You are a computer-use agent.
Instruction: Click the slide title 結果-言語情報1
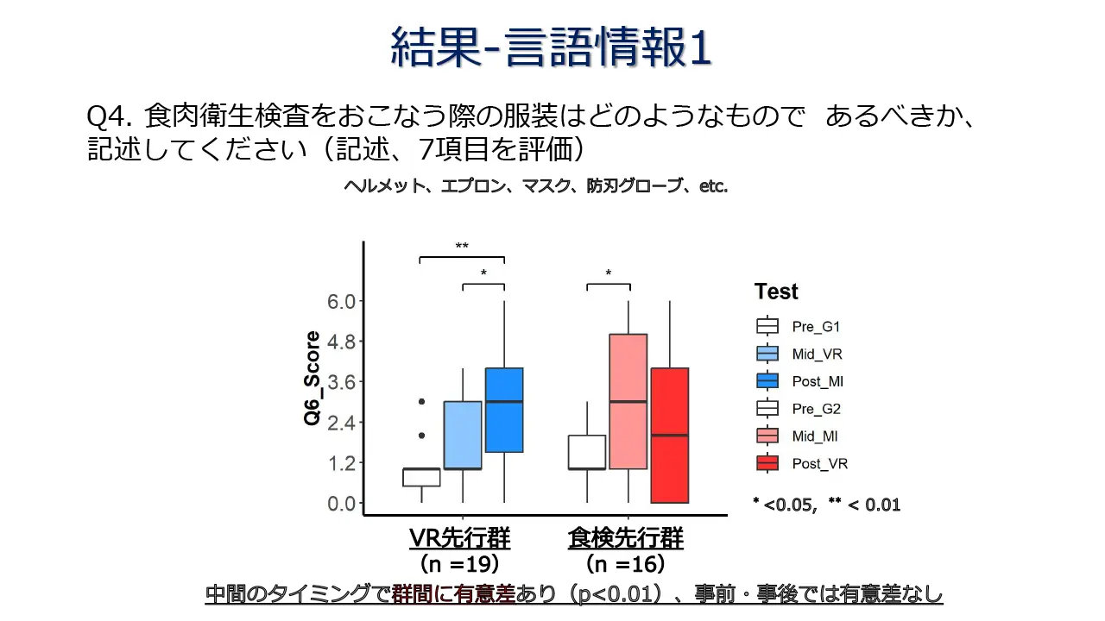(551, 47)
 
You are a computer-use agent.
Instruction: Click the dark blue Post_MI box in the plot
(504, 410)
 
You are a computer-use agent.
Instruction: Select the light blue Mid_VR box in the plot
(463, 435)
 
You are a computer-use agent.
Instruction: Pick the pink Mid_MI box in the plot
(628, 401)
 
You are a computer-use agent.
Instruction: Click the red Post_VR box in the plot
(669, 435)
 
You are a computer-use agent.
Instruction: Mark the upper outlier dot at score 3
(421, 402)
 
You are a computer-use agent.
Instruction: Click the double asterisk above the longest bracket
(462, 248)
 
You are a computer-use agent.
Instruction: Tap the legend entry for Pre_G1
(798, 327)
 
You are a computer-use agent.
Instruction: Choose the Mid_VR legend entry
(799, 354)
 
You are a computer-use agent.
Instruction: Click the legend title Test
(776, 292)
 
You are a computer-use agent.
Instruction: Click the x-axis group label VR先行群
(459, 539)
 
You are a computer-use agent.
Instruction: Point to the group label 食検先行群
(625, 539)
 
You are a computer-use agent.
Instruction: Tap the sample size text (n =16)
(625, 565)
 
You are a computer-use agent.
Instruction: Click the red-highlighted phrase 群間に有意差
(453, 595)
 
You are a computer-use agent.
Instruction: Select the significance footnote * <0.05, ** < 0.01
(826, 505)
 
